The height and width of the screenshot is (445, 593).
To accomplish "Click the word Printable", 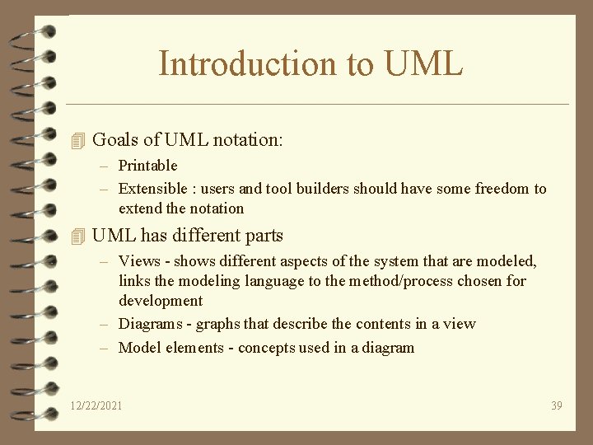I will pos(148,166).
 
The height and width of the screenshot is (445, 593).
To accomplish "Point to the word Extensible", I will pos(153,189).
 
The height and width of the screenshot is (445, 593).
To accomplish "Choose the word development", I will pos(161,301).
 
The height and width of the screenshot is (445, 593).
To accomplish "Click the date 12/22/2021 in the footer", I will pos(97,405).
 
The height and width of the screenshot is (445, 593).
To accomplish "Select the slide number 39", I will pos(556,405).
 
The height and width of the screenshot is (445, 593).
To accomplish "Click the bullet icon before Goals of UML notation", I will pos(78,140).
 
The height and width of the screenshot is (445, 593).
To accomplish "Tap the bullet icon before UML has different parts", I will pos(78,236).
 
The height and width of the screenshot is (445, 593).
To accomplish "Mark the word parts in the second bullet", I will pos(263,236).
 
